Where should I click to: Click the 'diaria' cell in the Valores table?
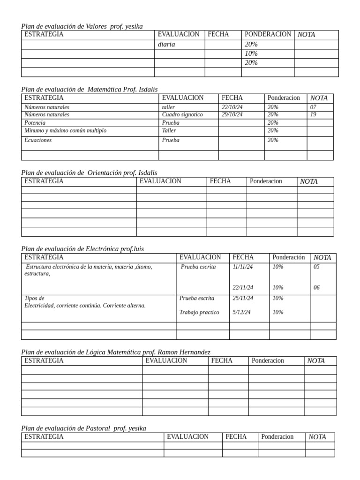point(166,45)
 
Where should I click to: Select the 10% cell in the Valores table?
point(251,53)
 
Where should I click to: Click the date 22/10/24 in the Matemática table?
point(232,107)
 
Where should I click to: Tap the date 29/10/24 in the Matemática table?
point(232,114)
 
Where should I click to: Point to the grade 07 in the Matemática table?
point(313,107)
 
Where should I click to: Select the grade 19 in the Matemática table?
point(313,114)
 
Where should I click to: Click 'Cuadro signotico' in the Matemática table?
point(182,114)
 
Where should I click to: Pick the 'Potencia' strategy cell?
point(35,123)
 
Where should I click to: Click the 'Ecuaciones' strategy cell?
point(38,140)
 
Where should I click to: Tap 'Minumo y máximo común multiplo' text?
point(65,131)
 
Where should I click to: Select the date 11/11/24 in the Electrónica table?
point(242,267)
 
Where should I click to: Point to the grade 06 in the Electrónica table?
point(316,288)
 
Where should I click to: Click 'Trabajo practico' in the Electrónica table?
point(199,312)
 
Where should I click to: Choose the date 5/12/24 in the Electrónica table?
point(241,312)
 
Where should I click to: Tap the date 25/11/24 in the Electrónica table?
point(242,298)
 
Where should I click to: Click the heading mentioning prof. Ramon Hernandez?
point(116,352)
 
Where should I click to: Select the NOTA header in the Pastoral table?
point(317,437)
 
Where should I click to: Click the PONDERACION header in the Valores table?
point(268,35)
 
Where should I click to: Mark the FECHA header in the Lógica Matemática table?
point(222,360)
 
